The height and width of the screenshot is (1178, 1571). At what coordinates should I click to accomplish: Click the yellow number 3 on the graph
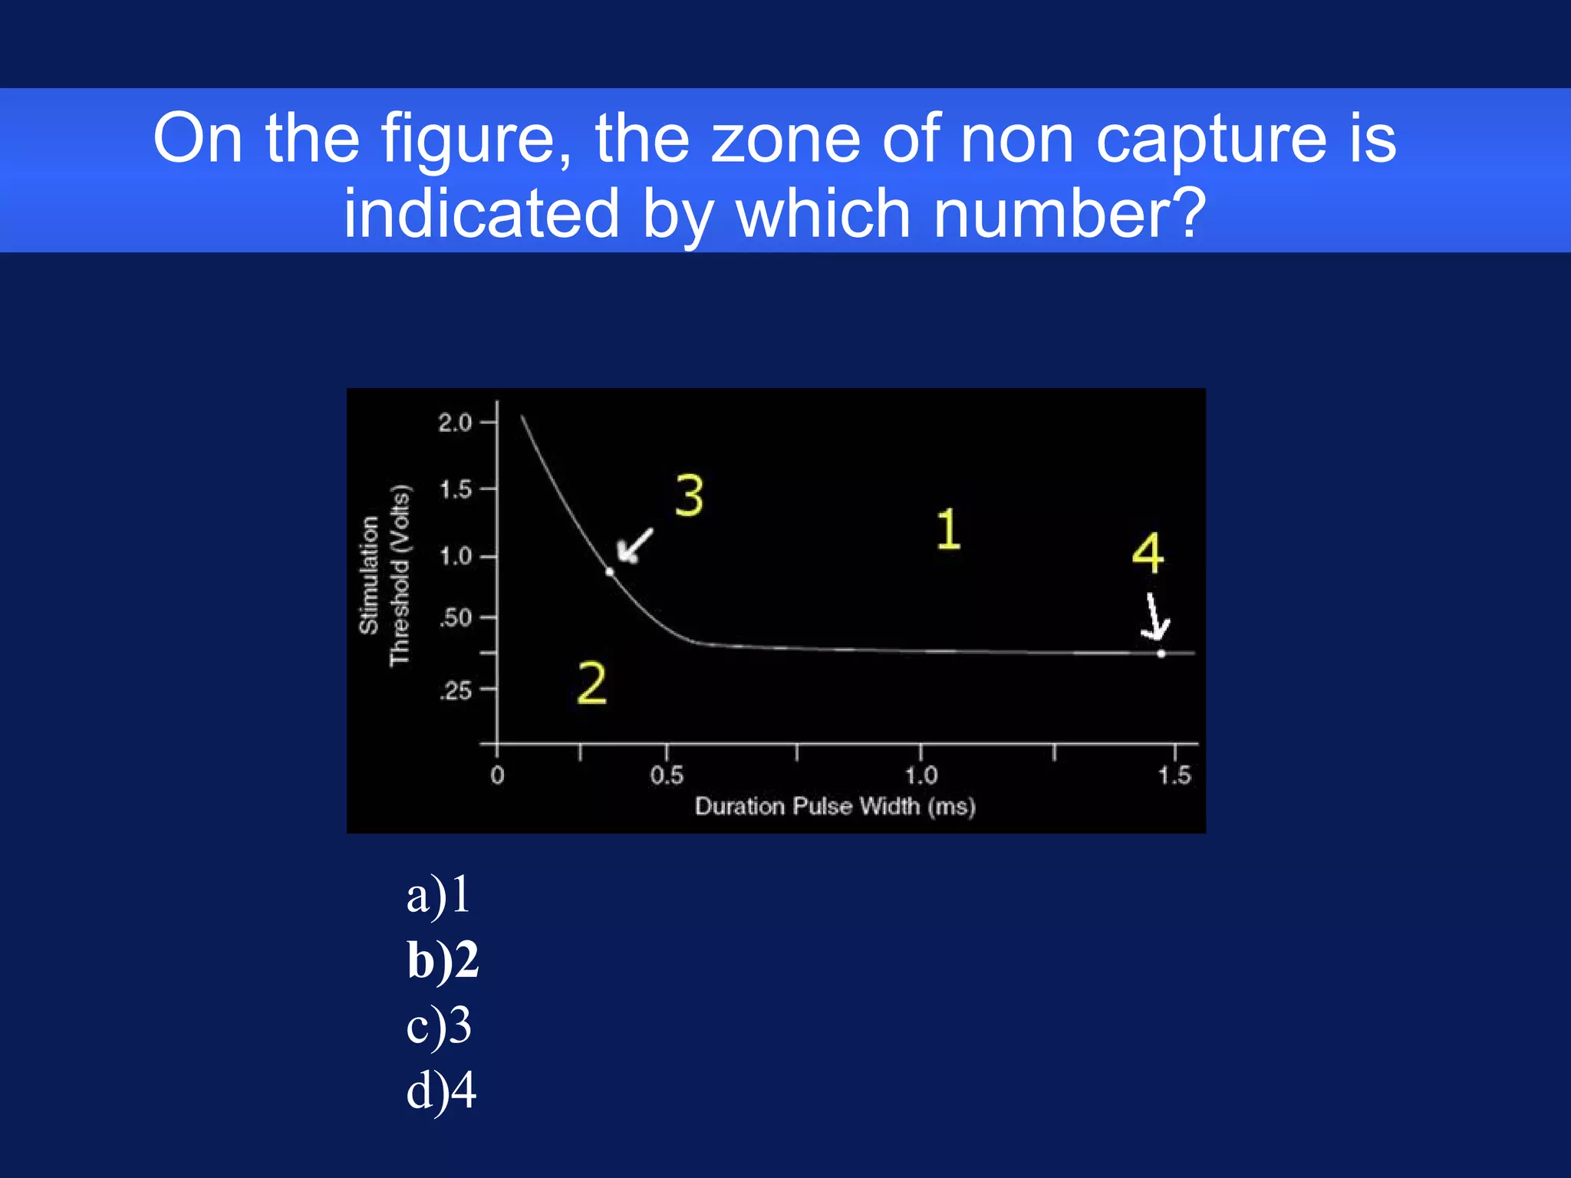coord(689,496)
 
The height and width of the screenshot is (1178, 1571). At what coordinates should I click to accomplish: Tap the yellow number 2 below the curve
coord(591,683)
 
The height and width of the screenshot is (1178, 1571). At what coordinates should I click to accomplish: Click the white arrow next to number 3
coord(635,545)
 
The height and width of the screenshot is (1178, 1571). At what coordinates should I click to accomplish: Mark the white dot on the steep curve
coord(610,571)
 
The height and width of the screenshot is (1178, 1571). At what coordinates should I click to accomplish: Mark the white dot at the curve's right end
coord(1161,653)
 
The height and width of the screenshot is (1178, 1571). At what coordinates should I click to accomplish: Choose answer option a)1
coord(438,895)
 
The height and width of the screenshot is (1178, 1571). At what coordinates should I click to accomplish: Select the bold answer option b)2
coord(443,960)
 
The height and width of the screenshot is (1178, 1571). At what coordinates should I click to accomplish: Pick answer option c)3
coord(439,1025)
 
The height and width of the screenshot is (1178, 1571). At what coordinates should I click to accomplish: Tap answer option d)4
coord(441,1091)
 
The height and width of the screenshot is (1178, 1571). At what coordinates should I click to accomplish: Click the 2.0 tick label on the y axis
coord(455,423)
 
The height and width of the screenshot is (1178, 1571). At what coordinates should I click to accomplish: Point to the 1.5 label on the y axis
coord(456,489)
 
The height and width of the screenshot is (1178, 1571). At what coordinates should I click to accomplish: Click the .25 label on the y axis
coord(456,691)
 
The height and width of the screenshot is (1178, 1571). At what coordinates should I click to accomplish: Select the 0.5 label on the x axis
coord(666,775)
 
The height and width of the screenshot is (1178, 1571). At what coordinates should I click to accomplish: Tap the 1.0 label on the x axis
coord(921,775)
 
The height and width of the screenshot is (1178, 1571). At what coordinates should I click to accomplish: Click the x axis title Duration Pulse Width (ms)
coord(835,807)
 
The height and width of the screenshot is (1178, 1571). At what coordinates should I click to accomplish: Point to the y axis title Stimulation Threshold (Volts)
coord(384,575)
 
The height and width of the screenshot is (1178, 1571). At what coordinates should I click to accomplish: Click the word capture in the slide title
coord(1211,140)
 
